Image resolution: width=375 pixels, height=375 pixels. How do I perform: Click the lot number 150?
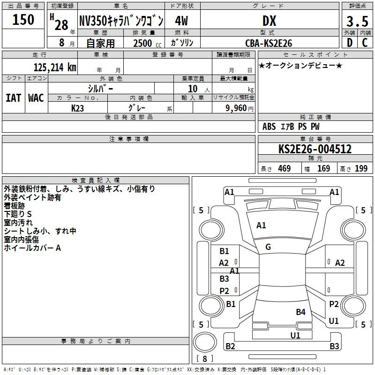(x=23, y=20)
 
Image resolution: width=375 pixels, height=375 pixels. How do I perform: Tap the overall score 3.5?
(x=357, y=22)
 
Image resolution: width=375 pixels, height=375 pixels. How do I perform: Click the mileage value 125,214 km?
(x=54, y=67)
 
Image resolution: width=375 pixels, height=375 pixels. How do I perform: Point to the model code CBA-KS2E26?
(x=269, y=43)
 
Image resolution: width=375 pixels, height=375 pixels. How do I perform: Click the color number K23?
(x=78, y=108)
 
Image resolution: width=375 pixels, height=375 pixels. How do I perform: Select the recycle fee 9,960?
(x=233, y=108)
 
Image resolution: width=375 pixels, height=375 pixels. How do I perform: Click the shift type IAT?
(x=13, y=98)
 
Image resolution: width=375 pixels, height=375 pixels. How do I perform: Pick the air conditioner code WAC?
(x=36, y=98)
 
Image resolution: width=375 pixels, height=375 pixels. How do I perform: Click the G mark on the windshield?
(x=268, y=247)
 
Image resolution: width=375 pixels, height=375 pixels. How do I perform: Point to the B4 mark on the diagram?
(x=300, y=312)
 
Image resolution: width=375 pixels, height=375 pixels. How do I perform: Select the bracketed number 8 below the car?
(x=205, y=359)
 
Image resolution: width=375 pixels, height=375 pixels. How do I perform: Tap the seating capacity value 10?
(x=192, y=89)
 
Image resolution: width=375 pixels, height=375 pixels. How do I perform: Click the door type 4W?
(x=182, y=21)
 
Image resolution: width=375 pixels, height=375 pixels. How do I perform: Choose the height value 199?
(x=361, y=169)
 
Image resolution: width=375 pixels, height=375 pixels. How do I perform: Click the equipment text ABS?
(x=269, y=127)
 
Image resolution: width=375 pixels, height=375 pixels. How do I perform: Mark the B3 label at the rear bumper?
(x=334, y=346)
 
